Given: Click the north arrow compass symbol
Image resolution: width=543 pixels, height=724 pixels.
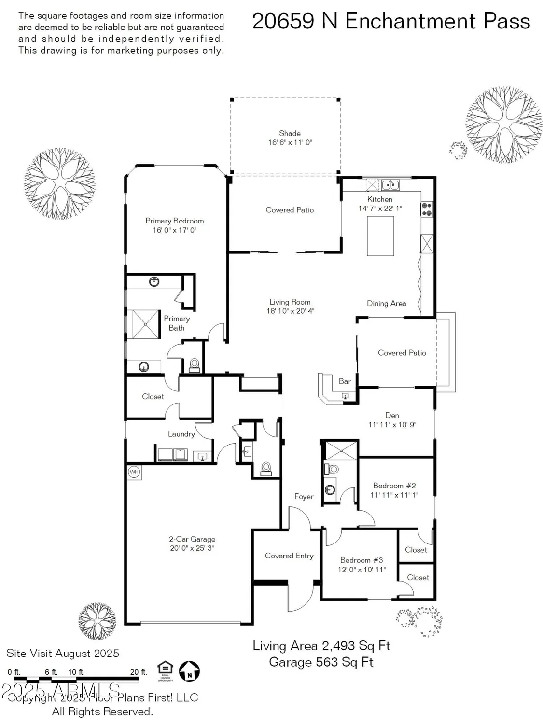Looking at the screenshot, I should click(189, 671).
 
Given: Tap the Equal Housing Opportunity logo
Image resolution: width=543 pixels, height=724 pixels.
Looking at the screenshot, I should click(165, 670).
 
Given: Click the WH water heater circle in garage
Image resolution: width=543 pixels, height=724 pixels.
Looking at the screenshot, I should click(134, 472).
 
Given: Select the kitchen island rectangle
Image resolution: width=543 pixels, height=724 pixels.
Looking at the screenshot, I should click(380, 236).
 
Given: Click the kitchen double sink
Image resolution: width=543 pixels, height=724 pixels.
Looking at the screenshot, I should click(390, 184).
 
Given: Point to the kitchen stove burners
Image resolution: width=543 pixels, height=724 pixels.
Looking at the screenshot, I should click(427, 209).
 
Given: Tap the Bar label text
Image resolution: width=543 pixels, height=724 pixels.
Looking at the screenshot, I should click(345, 381).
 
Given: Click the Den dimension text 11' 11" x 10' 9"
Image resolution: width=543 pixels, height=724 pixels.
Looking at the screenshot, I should click(392, 425).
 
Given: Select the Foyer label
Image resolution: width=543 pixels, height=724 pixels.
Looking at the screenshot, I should click(304, 496).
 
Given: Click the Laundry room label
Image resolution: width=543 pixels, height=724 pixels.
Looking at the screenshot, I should click(181, 434).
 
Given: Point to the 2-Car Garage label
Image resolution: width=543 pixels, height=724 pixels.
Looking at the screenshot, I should click(192, 539).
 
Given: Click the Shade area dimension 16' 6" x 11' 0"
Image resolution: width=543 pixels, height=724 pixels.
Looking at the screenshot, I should click(290, 142).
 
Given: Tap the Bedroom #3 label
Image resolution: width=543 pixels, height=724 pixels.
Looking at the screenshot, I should click(362, 560).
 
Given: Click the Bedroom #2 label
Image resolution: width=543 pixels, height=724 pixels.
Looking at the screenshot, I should click(394, 486).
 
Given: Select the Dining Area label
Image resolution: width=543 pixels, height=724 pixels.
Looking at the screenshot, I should click(386, 303).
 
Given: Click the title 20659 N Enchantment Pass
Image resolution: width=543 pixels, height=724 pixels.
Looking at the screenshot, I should click(391, 21).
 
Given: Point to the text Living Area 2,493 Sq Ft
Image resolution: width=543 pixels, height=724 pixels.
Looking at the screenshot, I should click(321, 646).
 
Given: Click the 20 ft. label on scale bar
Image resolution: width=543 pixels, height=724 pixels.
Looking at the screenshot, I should click(138, 672).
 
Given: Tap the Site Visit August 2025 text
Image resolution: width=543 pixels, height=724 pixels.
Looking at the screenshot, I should click(63, 654).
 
